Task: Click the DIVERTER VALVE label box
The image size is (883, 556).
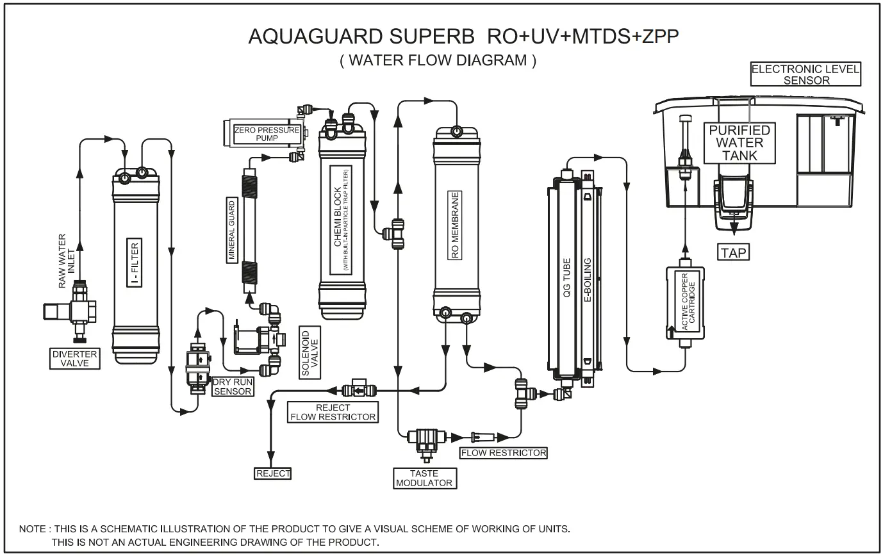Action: [x=75, y=359]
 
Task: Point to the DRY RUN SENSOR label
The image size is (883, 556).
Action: [x=233, y=387]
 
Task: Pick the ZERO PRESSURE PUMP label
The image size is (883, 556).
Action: [x=267, y=133]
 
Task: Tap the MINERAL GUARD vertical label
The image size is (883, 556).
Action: [x=232, y=229]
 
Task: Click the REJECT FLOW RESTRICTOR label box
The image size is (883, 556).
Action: [x=333, y=412]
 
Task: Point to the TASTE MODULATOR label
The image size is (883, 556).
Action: [x=424, y=478]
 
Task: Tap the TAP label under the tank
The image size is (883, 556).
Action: [x=733, y=252]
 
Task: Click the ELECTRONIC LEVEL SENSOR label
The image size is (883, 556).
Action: [x=805, y=74]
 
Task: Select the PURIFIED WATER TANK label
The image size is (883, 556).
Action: [x=739, y=142]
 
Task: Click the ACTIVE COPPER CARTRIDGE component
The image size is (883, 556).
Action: [x=685, y=302]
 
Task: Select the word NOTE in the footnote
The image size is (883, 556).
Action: [x=32, y=529]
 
